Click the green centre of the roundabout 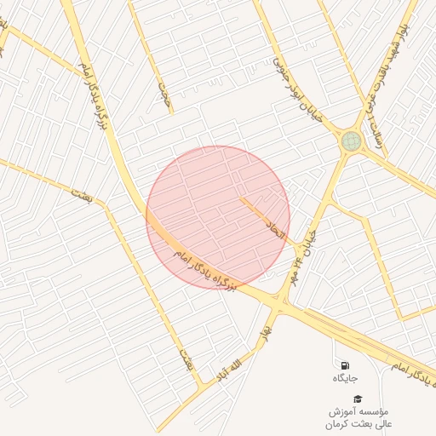pyautogui.click(x=351, y=141)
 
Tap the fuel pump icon pyautogui.click(x=345, y=365)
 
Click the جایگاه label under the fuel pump pyautogui.click(x=345, y=377)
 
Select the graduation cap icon pyautogui.click(x=359, y=398)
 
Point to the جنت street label pyautogui.click(x=164, y=95)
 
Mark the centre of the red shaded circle pyautogui.click(x=218, y=217)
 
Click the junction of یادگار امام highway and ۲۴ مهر pyautogui.click(x=278, y=300)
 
